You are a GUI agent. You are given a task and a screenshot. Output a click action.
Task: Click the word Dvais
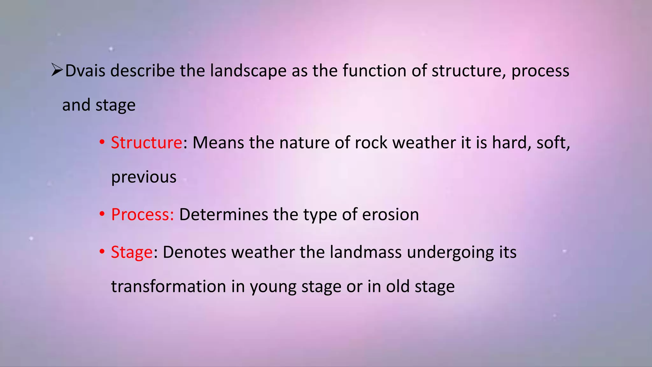[x=85, y=70]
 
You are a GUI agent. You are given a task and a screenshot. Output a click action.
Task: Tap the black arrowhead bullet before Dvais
[x=57, y=70]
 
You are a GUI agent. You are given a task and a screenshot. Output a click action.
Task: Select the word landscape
[x=248, y=71]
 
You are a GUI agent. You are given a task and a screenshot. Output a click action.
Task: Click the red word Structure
[x=146, y=142]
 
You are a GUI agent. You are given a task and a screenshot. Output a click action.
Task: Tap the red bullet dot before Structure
[x=102, y=142]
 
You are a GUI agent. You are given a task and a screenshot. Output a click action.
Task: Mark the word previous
[x=144, y=177]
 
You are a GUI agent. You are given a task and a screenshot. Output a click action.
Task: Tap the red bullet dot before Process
[x=102, y=214]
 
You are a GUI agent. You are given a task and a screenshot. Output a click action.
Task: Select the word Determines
[x=223, y=214]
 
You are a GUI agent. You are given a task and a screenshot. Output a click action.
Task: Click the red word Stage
[x=132, y=252]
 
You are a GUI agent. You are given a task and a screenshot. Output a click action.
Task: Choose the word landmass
[x=365, y=252]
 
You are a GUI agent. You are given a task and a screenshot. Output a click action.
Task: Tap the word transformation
[x=168, y=286]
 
